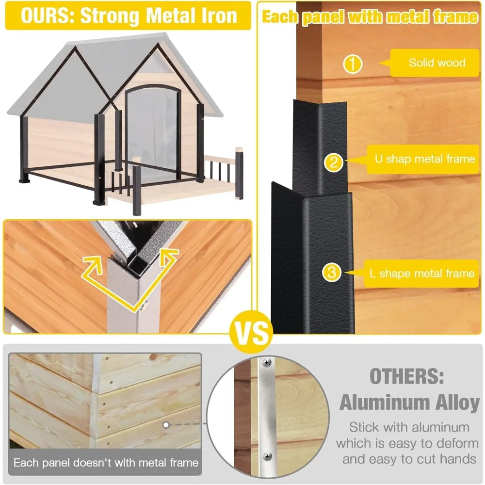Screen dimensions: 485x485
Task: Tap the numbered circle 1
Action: pyautogui.click(x=353, y=65)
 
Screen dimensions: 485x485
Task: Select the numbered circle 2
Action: pyautogui.click(x=333, y=162)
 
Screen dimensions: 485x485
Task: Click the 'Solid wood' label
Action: pyautogui.click(x=436, y=63)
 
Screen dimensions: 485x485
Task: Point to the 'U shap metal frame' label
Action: pyautogui.click(x=424, y=159)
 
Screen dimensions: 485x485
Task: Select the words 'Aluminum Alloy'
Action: pyautogui.click(x=409, y=403)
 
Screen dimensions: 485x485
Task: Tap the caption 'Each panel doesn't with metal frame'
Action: pyautogui.click(x=106, y=462)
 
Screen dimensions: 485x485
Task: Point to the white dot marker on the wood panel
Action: pyautogui.click(x=165, y=425)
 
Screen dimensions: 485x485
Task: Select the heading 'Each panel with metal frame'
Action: pyautogui.click(x=370, y=17)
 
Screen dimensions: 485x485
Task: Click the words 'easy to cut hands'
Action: pyautogui.click(x=409, y=459)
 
